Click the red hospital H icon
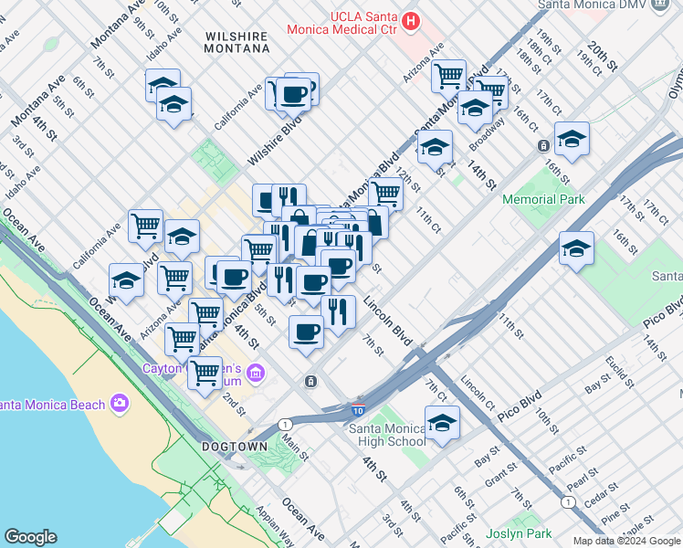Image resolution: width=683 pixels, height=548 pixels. (412, 20)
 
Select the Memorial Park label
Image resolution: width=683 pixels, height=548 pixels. (542, 199)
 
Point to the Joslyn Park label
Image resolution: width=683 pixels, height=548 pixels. (520, 533)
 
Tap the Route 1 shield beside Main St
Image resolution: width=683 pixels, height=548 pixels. (286, 425)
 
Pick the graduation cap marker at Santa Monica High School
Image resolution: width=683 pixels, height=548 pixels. (442, 423)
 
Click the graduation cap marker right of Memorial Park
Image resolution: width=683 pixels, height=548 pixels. (576, 248)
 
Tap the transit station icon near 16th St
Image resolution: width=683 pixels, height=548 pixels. (543, 145)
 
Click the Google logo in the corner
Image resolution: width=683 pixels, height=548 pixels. (30, 537)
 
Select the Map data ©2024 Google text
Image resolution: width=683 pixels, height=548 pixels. (625, 541)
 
